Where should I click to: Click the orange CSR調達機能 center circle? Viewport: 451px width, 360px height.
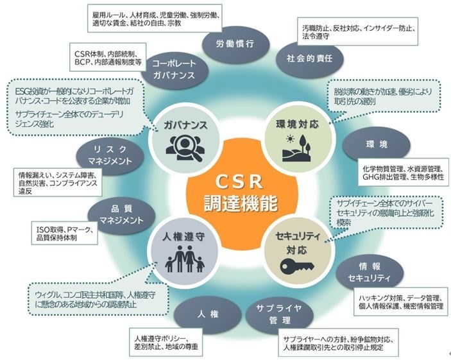point(225,191)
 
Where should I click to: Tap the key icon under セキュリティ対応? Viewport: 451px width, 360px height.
point(293,264)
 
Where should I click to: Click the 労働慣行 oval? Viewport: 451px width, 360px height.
point(233,44)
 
